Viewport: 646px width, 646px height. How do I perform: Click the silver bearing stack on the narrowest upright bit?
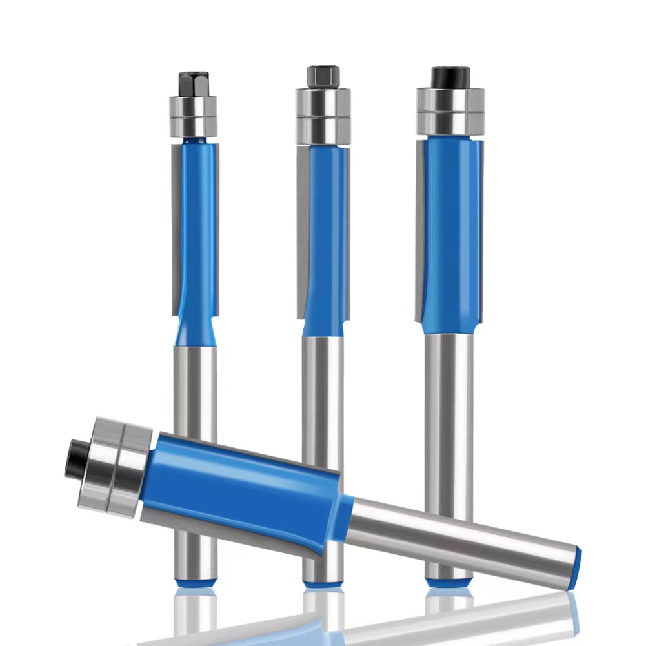(x=193, y=116)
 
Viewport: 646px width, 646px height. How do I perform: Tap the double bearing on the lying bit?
(x=119, y=465)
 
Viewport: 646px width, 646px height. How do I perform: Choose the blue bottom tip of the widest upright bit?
(x=448, y=580)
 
